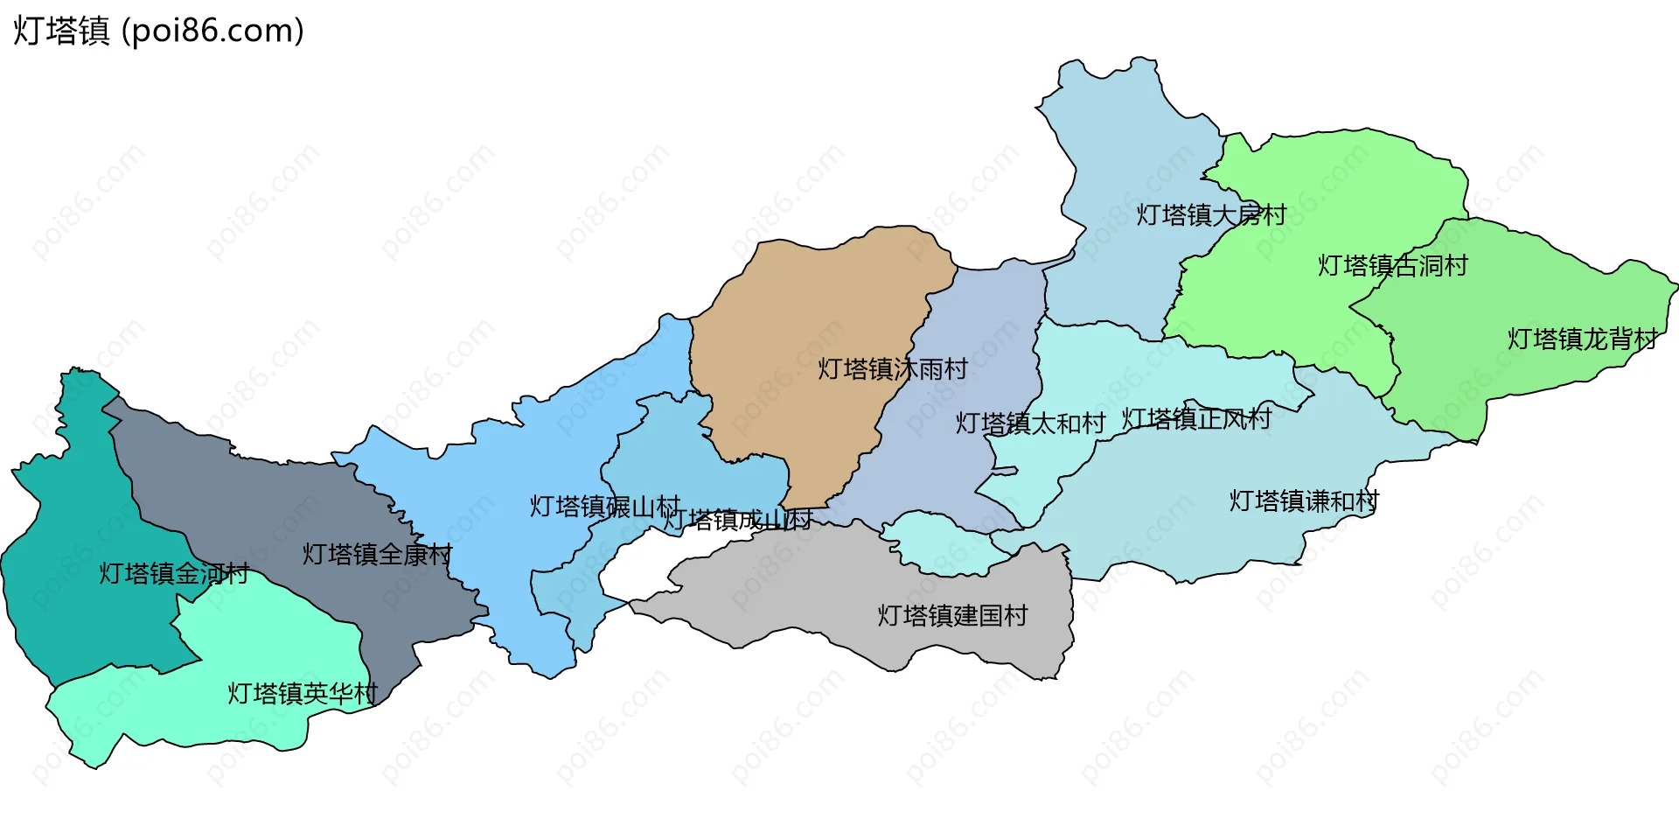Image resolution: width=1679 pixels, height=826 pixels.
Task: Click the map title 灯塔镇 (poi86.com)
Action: click(x=158, y=31)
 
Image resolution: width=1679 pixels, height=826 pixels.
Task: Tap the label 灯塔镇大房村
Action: click(x=1210, y=214)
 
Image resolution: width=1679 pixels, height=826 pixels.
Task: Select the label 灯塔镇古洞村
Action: click(x=1392, y=265)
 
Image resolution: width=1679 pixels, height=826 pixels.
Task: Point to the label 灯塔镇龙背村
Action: click(x=1582, y=339)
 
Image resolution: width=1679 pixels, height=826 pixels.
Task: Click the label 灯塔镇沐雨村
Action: click(x=892, y=368)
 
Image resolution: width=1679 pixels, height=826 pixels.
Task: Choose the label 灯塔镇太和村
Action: click(x=1029, y=423)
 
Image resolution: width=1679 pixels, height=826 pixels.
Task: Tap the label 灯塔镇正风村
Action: click(x=1195, y=419)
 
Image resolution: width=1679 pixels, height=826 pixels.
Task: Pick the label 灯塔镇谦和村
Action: click(x=1304, y=500)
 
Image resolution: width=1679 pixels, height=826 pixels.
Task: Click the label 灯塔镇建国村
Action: click(x=952, y=615)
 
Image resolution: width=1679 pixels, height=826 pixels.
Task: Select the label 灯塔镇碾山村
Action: click(x=604, y=506)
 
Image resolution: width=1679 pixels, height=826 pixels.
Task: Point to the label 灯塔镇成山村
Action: click(x=737, y=520)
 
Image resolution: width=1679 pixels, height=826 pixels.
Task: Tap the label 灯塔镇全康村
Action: click(x=377, y=554)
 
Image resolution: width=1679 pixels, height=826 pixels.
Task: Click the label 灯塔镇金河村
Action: click(x=173, y=573)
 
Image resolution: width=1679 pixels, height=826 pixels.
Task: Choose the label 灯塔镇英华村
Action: click(x=302, y=693)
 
